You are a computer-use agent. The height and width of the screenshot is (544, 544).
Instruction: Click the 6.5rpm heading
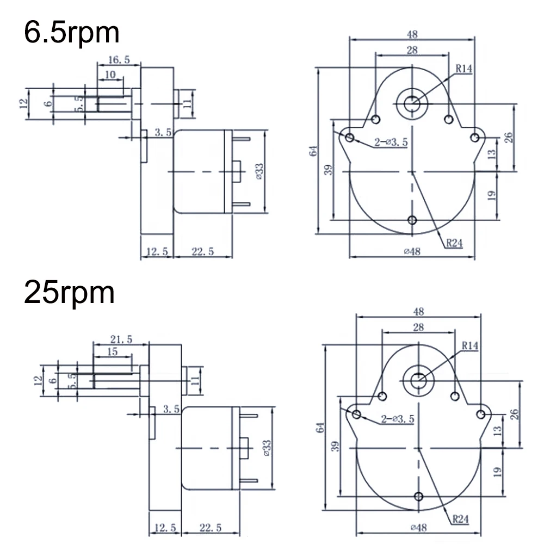71,33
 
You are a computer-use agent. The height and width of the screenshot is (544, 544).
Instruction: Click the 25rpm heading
69,294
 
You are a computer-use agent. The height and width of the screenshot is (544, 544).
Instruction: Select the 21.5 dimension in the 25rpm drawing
121,339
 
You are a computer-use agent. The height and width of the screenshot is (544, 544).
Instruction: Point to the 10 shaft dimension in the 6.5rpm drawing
110,75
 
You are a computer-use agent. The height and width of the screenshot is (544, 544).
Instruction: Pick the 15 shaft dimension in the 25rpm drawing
112,352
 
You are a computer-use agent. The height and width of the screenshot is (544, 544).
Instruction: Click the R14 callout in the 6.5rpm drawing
464,69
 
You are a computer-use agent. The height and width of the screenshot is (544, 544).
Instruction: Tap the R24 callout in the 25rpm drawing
460,518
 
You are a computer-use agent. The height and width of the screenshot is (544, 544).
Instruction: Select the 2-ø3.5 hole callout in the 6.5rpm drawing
390,143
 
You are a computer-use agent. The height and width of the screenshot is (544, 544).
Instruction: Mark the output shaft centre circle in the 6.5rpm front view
412,102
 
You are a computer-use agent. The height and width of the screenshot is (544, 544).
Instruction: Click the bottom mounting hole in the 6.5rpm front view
412,220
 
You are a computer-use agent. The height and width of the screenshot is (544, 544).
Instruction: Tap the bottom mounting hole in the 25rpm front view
418,496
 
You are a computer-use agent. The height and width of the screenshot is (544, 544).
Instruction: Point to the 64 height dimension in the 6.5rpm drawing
313,152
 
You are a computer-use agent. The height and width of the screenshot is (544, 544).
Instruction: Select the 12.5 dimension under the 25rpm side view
165,528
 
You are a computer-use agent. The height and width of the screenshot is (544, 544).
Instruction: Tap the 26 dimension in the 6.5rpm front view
509,137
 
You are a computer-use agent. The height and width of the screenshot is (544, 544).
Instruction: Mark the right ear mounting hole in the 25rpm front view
480,415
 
